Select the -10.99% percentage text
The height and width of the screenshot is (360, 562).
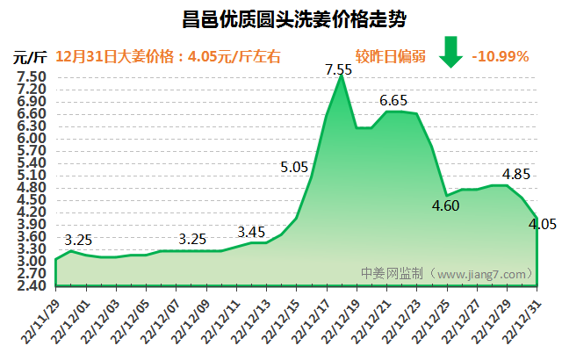tap(500, 57)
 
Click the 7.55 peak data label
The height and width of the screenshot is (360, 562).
tap(339, 68)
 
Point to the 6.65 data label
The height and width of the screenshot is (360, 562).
tap(393, 100)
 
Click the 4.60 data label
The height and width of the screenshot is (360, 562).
tap(447, 206)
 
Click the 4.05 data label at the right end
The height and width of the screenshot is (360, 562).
tap(542, 224)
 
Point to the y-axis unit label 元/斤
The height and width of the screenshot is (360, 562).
tap(30, 58)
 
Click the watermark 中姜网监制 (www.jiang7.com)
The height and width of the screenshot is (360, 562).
tap(447, 273)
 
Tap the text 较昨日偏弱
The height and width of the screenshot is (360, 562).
tap(392, 57)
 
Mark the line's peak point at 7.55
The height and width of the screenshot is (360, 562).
tap(341, 76)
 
